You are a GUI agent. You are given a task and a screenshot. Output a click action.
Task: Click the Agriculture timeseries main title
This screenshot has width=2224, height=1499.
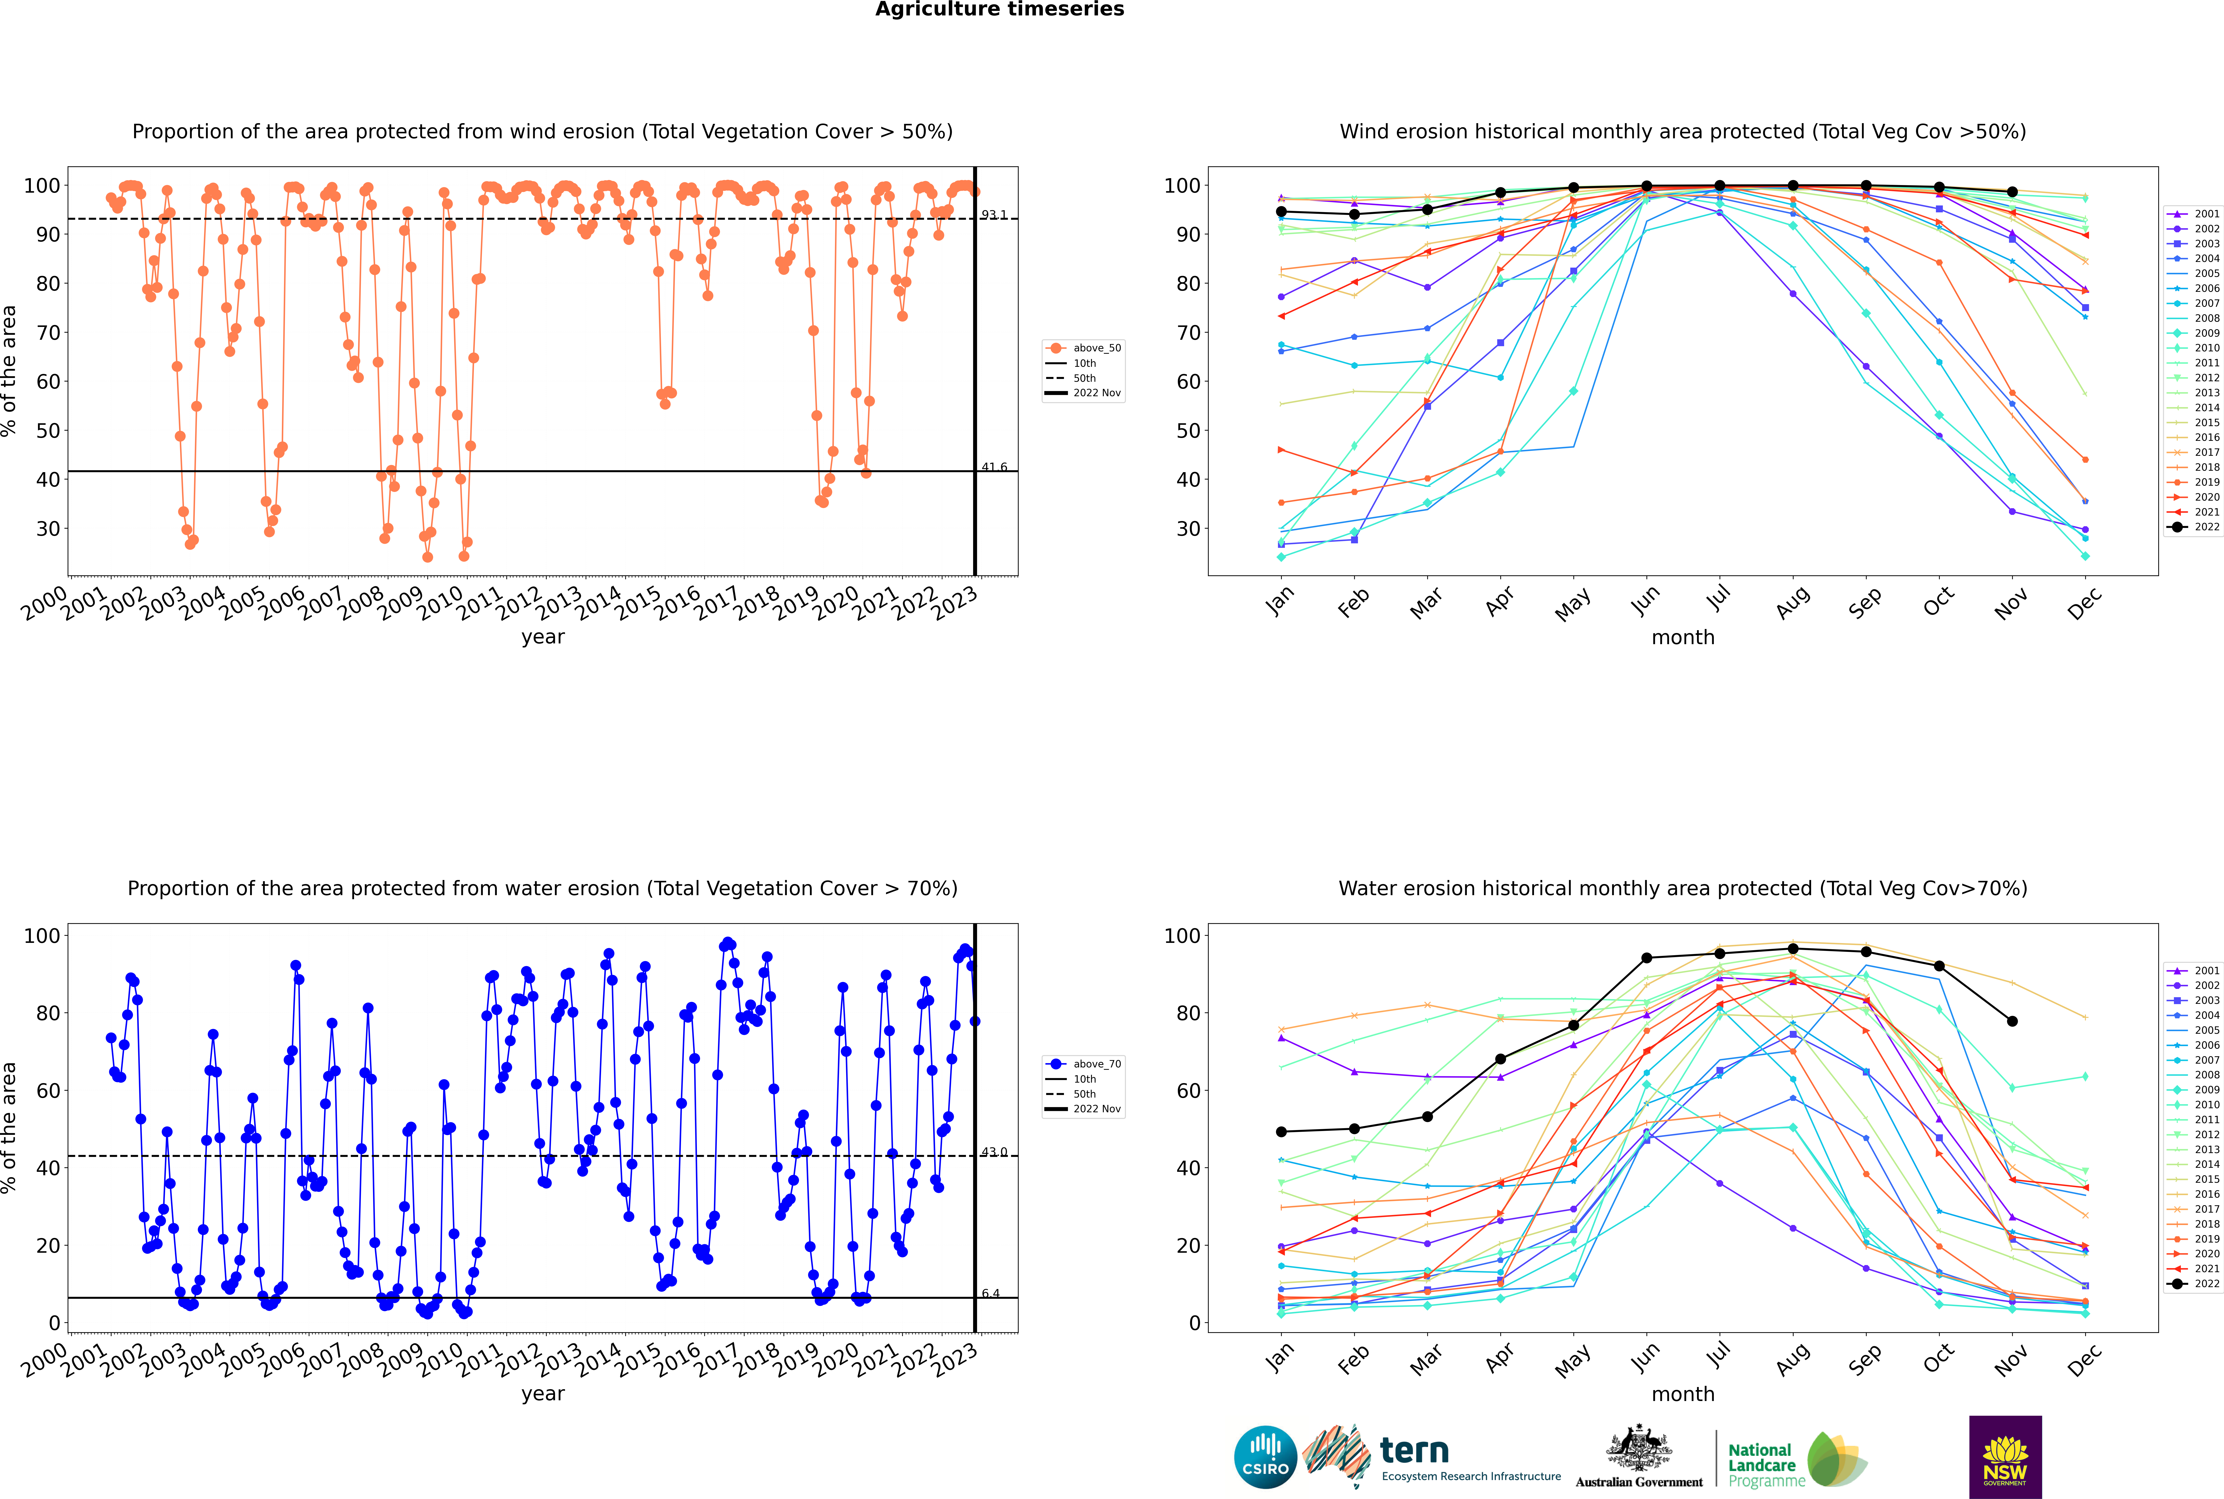(x=999, y=9)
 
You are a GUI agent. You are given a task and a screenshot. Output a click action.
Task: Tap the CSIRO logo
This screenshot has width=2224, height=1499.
(x=1265, y=1458)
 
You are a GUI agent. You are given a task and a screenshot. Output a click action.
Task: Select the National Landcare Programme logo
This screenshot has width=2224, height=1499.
(x=1796, y=1460)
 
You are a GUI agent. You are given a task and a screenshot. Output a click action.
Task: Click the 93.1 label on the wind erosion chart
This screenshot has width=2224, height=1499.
(x=993, y=215)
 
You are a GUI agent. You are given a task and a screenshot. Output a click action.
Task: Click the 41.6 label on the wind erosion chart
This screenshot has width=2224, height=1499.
(x=993, y=467)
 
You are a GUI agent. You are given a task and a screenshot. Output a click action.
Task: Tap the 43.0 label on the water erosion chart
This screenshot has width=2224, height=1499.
(x=993, y=1152)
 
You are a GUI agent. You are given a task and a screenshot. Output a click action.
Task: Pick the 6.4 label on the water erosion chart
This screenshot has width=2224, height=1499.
(x=991, y=1294)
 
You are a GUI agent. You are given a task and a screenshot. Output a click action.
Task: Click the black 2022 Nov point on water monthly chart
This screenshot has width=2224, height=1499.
(x=2012, y=1021)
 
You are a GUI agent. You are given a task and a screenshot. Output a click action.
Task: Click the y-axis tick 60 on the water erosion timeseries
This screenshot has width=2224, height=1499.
(x=48, y=1091)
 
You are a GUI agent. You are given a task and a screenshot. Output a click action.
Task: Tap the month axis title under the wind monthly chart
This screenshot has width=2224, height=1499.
(x=1683, y=638)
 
